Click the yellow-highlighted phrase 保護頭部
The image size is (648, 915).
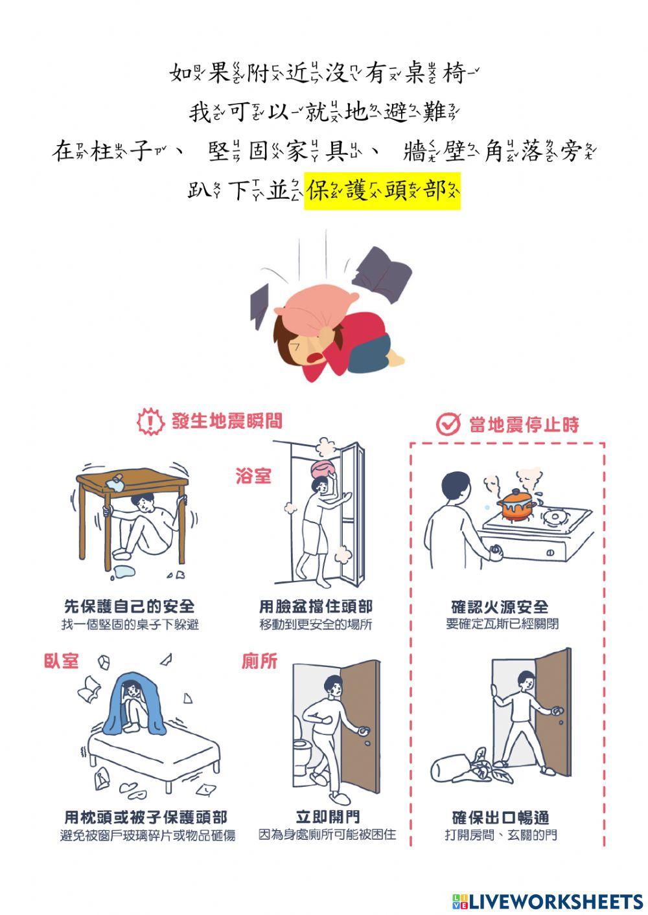382,191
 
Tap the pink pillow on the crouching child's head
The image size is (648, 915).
319,307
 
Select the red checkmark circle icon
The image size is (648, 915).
447,424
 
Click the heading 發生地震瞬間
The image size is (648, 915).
227,422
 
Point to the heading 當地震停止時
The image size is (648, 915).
524,425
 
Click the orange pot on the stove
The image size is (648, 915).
515,504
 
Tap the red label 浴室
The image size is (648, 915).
253,477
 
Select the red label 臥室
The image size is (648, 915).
61,661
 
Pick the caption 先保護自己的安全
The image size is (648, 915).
130,607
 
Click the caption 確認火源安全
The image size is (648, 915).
500,607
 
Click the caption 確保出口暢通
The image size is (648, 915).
500,817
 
